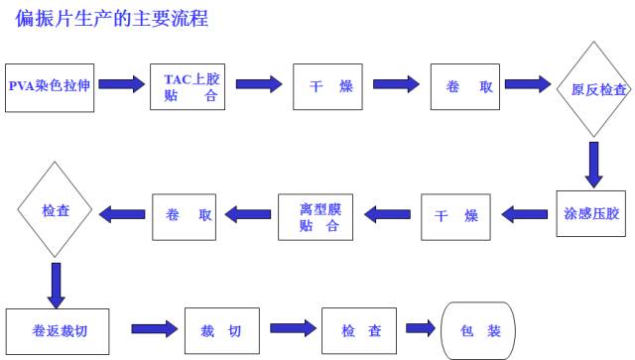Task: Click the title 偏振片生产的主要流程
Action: click(111, 19)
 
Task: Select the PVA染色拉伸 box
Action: click(51, 86)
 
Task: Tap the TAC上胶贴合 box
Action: click(190, 86)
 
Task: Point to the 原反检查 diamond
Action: click(593, 88)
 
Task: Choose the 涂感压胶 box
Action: click(592, 214)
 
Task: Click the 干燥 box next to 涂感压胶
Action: click(455, 215)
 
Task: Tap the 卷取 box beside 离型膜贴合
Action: click(184, 215)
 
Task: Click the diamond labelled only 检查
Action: click(55, 211)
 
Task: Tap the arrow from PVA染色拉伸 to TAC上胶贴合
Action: click(122, 85)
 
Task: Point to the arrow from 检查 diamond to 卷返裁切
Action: click(55, 284)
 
